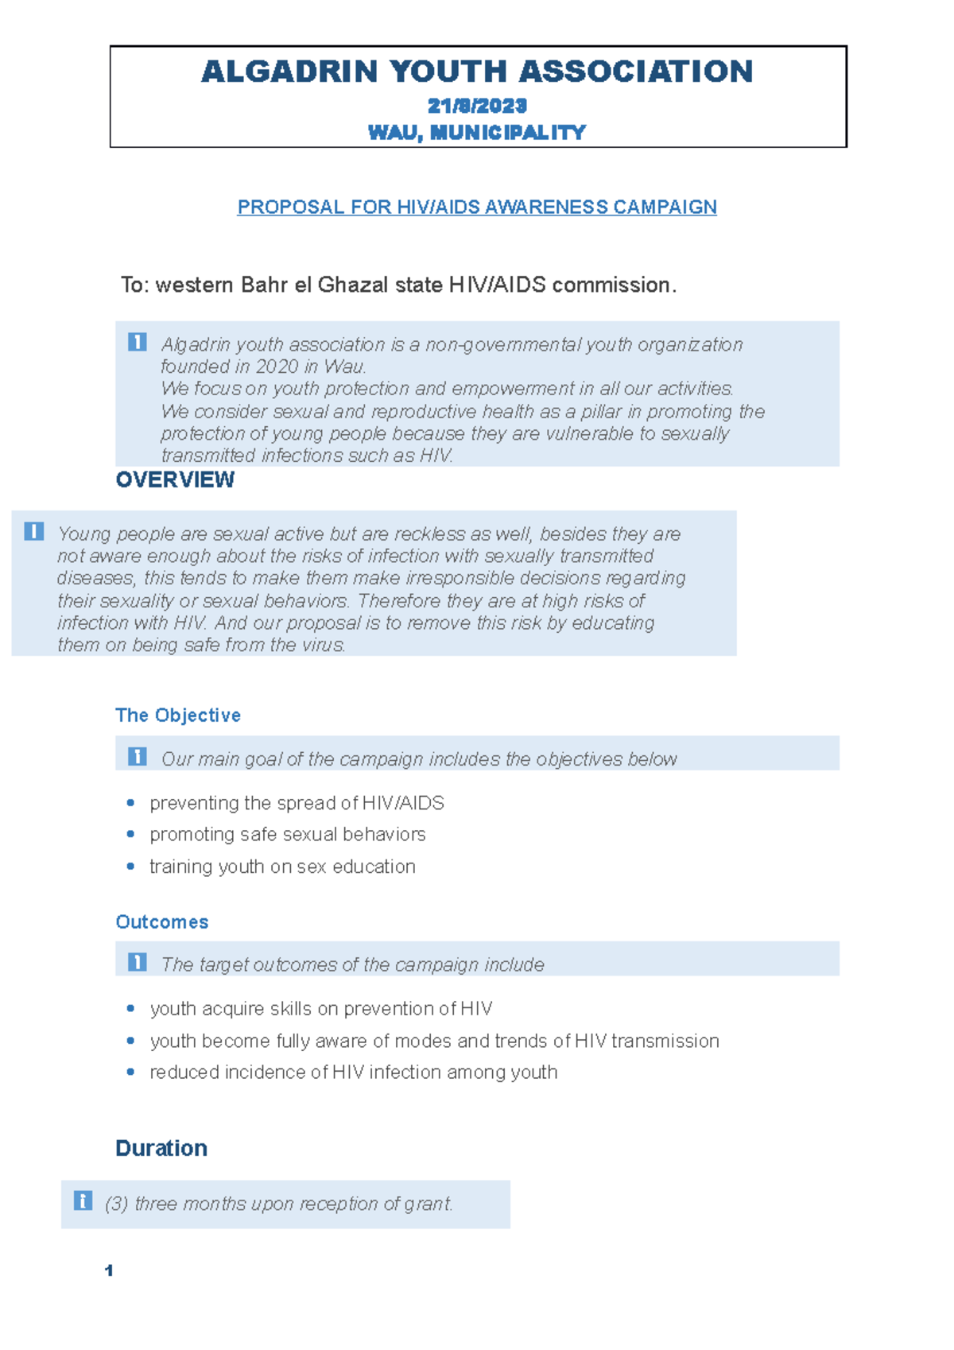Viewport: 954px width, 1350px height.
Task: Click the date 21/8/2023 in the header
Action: coord(477,106)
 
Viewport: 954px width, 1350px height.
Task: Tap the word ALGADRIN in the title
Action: coord(289,72)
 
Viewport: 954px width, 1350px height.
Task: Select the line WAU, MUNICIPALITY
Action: coord(477,132)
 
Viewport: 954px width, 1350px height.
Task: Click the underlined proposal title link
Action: coord(477,207)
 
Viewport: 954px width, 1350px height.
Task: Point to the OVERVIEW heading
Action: coord(175,479)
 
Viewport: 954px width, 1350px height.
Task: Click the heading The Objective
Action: coord(178,715)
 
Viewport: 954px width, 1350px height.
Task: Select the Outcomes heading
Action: coord(162,921)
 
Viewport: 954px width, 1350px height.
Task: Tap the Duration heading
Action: coord(161,1148)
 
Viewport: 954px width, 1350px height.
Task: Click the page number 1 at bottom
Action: coord(109,1270)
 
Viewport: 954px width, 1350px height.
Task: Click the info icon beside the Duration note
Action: coord(83,1201)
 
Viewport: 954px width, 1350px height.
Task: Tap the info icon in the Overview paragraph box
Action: coord(34,531)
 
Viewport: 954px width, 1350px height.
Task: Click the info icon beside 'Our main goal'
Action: coord(138,756)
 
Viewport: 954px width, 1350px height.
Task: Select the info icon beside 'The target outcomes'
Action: coord(138,962)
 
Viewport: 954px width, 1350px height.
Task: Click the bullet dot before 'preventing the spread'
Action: coord(130,803)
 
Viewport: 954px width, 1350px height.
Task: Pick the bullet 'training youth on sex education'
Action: coord(282,867)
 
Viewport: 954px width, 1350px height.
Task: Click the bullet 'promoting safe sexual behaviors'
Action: coord(288,834)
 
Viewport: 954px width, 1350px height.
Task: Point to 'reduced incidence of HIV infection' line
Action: coord(354,1073)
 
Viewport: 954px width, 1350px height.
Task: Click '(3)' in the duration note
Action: coord(116,1204)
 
